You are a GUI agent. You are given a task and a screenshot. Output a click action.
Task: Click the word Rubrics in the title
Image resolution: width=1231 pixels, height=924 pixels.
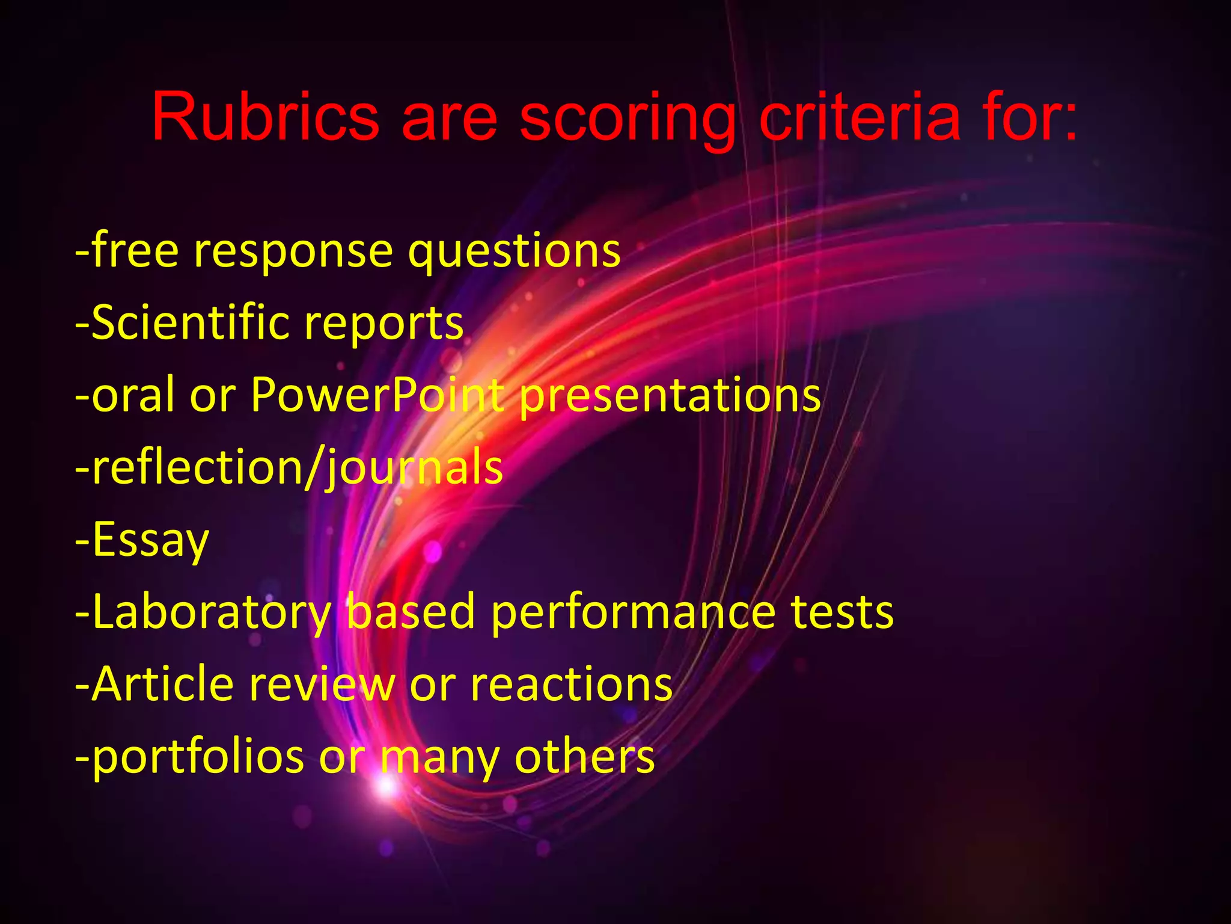coord(265,117)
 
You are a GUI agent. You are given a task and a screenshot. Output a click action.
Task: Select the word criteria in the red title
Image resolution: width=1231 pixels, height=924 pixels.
coord(860,117)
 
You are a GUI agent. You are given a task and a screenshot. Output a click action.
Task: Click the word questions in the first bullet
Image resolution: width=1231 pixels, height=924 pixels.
coord(514,251)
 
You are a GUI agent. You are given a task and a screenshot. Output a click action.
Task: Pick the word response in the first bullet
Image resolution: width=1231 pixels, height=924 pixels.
coord(293,251)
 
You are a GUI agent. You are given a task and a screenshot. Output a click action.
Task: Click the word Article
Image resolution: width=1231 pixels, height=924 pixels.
coord(163,685)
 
